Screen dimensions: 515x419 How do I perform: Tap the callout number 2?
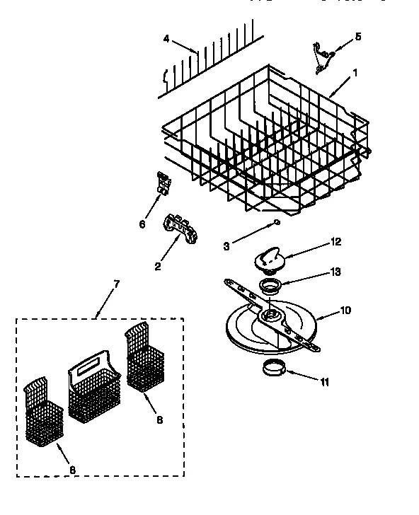[x=156, y=267]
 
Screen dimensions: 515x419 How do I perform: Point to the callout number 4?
[x=166, y=39]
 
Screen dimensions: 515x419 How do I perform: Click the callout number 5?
[x=357, y=35]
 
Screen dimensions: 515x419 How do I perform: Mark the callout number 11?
[x=324, y=383]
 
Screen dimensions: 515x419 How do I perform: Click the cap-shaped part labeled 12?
[x=269, y=254]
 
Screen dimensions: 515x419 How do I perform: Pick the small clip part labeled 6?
[x=163, y=183]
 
